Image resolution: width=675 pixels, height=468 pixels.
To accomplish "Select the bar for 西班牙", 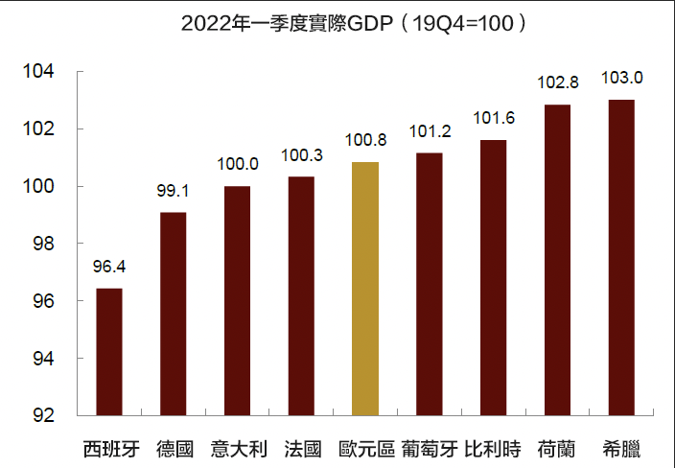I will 108,352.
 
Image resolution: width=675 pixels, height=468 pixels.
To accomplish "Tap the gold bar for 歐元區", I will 365,289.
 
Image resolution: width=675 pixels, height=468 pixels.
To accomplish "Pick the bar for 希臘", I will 621,258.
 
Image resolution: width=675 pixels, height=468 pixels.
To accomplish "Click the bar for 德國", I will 173,314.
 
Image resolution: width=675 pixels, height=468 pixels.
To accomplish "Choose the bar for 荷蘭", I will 557,260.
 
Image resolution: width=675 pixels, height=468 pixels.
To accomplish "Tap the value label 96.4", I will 108,268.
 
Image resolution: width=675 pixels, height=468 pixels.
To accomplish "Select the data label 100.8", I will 365,141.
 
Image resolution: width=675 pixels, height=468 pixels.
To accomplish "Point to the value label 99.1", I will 173,192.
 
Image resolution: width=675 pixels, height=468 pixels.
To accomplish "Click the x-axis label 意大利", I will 237,447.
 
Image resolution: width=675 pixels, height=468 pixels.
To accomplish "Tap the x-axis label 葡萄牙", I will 429,447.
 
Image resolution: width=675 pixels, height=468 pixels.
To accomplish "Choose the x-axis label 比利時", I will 493,447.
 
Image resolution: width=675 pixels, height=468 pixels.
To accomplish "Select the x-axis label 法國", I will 301,447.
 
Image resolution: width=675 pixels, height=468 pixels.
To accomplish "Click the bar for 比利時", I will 493,278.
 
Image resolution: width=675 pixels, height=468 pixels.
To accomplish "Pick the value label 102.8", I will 557,83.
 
